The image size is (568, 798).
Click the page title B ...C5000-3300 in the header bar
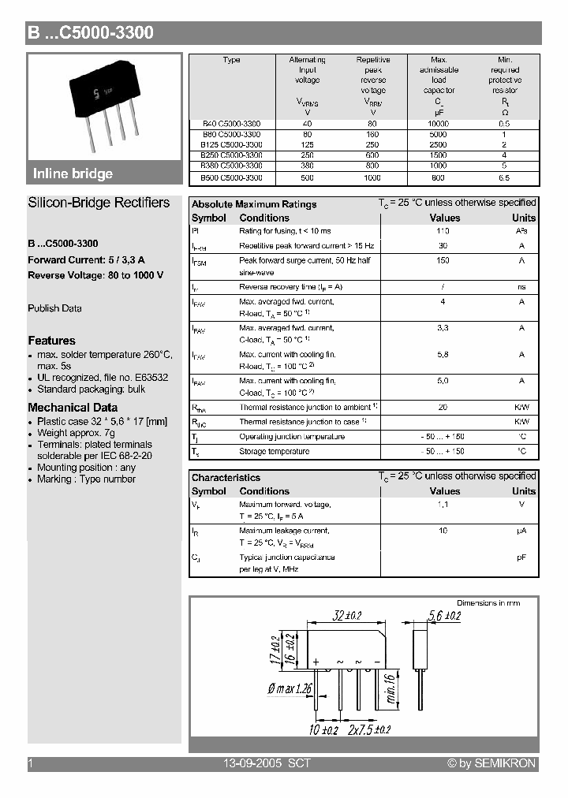click(x=90, y=33)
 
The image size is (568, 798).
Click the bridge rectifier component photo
click(x=103, y=106)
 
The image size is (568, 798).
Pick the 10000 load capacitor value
click(x=439, y=124)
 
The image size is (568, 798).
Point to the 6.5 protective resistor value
click(x=505, y=177)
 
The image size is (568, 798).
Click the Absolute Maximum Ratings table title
click(x=254, y=204)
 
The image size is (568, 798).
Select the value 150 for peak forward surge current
click(x=443, y=259)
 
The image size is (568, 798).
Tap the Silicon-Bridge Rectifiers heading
click(x=99, y=203)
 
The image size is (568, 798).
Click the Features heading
click(x=51, y=341)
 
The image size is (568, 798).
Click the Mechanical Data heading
click(x=73, y=408)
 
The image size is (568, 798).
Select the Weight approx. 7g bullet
click(x=76, y=433)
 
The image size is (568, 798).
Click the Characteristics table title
click(x=226, y=477)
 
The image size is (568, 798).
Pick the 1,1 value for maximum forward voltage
click(x=443, y=504)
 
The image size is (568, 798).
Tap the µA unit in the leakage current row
click(x=521, y=531)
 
